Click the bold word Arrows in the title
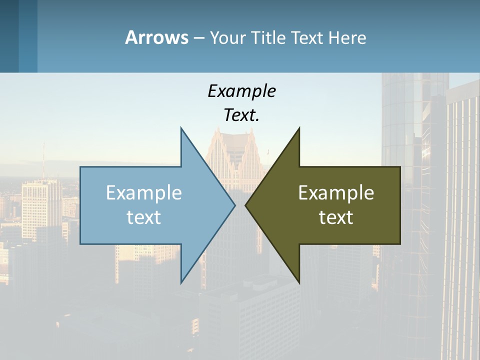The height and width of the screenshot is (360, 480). pyautogui.click(x=156, y=37)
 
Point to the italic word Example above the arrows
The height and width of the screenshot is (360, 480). pyautogui.click(x=241, y=91)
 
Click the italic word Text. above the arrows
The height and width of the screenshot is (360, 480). pyautogui.click(x=241, y=115)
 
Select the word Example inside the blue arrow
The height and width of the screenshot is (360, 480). pyautogui.click(x=144, y=192)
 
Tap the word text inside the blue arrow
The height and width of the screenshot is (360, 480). pyautogui.click(x=144, y=217)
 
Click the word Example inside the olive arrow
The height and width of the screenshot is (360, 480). pyautogui.click(x=336, y=192)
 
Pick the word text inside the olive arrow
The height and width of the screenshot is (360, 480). pyautogui.click(x=336, y=217)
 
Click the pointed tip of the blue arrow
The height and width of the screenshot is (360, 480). pyautogui.click(x=234, y=205)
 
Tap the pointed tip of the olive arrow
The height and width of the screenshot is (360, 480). pyautogui.click(x=246, y=205)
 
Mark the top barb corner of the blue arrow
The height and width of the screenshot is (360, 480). pyautogui.click(x=181, y=128)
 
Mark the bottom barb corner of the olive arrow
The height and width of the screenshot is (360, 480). pyautogui.click(x=299, y=283)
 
